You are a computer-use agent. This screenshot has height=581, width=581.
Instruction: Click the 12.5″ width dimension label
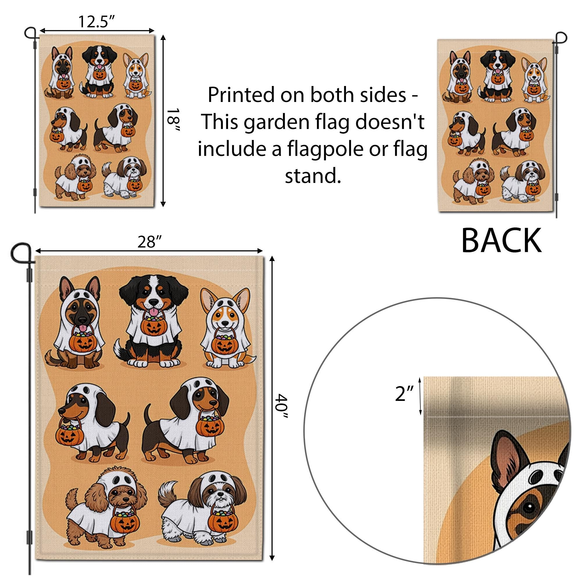[97, 22]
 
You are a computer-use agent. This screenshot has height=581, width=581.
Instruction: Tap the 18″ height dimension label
[173, 120]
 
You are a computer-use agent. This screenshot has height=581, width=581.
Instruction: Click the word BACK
[501, 241]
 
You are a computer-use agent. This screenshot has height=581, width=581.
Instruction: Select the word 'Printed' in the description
[241, 95]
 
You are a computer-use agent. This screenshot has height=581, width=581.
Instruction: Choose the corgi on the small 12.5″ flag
[136, 75]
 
